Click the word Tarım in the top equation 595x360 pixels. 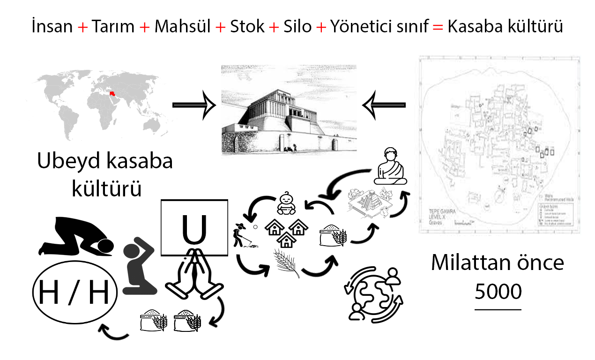point(113,27)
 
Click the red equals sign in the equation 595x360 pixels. point(437,27)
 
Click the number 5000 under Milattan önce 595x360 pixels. point(498,292)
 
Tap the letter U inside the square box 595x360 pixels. point(194,228)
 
